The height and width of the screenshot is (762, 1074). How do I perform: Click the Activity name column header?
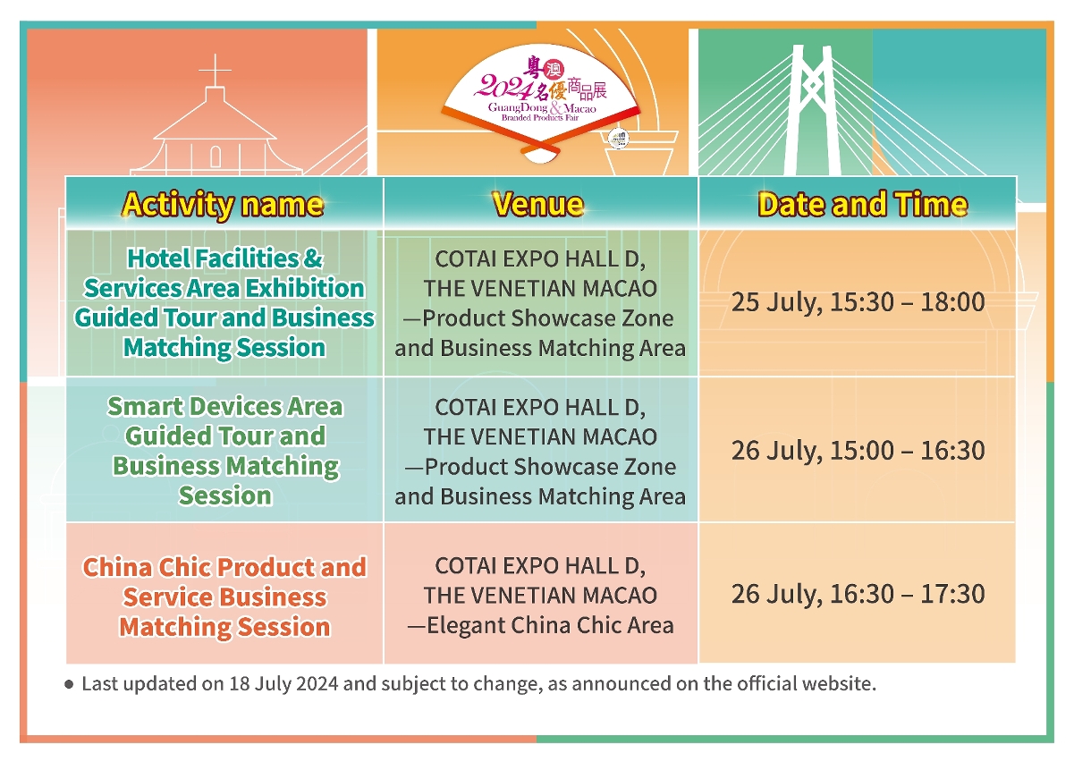click(x=223, y=205)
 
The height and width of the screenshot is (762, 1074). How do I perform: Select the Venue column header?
click(x=538, y=205)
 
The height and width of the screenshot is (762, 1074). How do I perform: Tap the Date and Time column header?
click(x=863, y=205)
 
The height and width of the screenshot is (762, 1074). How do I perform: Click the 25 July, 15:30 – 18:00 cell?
click(x=858, y=302)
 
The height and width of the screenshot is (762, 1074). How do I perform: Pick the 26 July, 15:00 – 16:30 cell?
click(x=858, y=451)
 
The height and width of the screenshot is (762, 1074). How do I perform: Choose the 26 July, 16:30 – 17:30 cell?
click(x=858, y=594)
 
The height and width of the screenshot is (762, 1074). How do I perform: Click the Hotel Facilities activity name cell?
click(x=224, y=302)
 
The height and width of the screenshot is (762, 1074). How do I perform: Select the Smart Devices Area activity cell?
click(x=224, y=451)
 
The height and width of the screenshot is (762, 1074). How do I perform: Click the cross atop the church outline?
click(x=215, y=70)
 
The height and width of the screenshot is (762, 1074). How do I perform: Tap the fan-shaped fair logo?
click(x=541, y=103)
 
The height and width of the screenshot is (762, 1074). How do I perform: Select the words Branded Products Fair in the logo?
click(x=540, y=117)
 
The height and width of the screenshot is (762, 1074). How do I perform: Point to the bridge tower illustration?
click(x=812, y=110)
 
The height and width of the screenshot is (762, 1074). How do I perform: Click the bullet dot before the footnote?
click(x=69, y=685)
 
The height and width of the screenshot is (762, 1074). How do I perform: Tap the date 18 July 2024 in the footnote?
click(x=283, y=684)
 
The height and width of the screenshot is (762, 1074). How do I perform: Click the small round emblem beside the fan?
click(x=618, y=139)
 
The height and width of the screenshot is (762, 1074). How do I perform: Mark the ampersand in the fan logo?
click(x=555, y=108)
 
